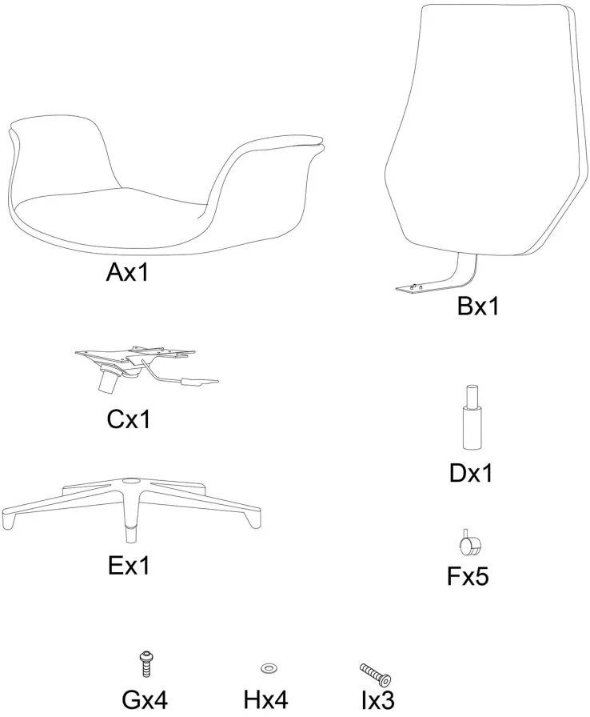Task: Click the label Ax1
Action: click(x=128, y=274)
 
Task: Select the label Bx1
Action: click(x=478, y=306)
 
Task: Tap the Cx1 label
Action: click(x=128, y=419)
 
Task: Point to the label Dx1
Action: click(x=470, y=473)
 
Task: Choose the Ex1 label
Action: click(x=128, y=566)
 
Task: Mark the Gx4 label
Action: click(x=145, y=701)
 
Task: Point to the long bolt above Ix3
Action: click(x=373, y=671)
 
